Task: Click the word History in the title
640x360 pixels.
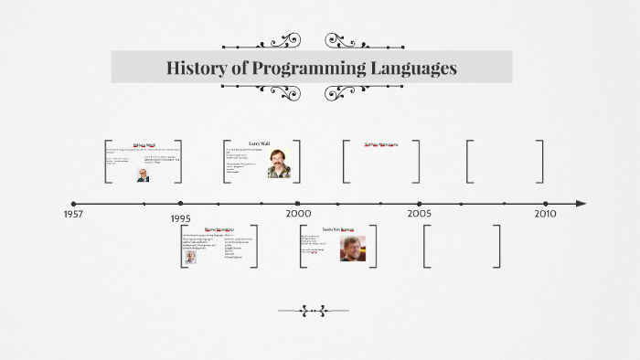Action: click(x=195, y=68)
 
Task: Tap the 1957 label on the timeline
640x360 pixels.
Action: click(x=75, y=214)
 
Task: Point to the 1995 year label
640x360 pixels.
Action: click(x=180, y=219)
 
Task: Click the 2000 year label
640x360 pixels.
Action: click(x=298, y=213)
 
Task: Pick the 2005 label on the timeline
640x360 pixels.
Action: click(x=420, y=213)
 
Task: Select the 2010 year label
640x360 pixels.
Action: click(x=545, y=213)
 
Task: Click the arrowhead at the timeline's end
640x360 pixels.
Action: click(x=581, y=204)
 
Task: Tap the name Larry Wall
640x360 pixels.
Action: click(x=259, y=143)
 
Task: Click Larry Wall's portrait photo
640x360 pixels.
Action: click(x=279, y=163)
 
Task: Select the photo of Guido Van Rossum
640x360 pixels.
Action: click(x=352, y=249)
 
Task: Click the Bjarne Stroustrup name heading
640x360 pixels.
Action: click(x=219, y=229)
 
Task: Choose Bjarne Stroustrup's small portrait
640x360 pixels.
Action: click(x=190, y=257)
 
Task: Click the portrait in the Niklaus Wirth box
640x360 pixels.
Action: click(x=144, y=174)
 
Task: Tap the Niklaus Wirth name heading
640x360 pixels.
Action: click(x=144, y=144)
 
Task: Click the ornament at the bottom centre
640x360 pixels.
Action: click(x=313, y=311)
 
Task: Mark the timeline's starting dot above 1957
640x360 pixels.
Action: click(x=74, y=204)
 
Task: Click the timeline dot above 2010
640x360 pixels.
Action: click(x=545, y=204)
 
